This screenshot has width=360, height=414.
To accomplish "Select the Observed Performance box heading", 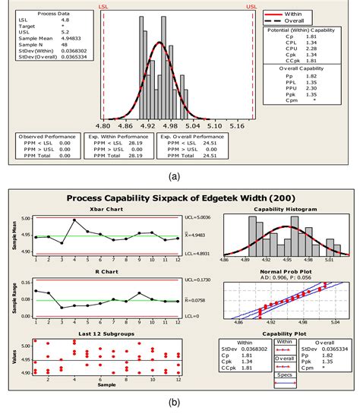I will click(47, 136).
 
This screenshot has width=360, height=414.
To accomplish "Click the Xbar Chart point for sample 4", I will click(74, 220).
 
